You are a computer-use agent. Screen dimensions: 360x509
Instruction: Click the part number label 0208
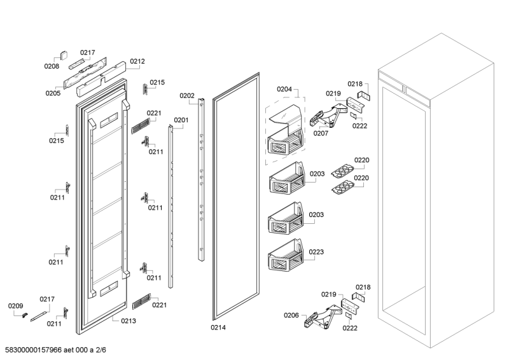point(52,66)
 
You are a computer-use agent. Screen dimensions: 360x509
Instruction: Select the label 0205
point(53,93)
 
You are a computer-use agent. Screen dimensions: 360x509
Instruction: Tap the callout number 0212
point(137,62)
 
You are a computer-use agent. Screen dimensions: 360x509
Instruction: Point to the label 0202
point(187,96)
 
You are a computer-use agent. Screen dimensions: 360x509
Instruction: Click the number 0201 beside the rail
point(181,120)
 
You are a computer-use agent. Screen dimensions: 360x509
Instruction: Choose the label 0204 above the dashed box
point(284,90)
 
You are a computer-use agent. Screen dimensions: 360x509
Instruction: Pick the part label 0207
point(321,134)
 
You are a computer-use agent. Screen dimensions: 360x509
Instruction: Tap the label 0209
point(15,307)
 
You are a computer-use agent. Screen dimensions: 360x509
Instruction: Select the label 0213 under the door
point(128,321)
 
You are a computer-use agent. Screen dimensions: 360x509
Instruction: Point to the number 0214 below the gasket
point(218,328)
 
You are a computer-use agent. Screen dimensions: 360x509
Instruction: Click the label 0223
point(316,252)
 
